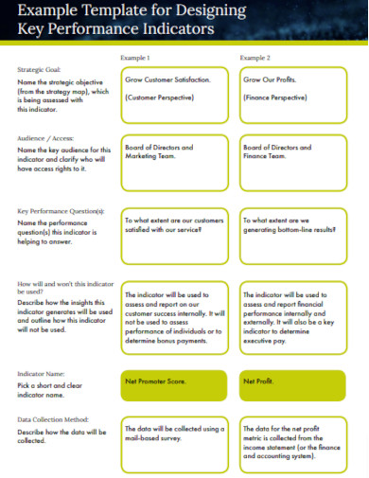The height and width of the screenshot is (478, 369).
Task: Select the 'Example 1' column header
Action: (x=135, y=58)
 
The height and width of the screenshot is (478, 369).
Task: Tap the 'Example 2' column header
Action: (x=255, y=58)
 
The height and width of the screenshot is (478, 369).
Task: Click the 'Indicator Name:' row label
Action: (x=41, y=375)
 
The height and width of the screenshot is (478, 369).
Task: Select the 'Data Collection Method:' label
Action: (x=52, y=418)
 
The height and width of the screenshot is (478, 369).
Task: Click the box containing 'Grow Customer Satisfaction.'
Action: (x=174, y=96)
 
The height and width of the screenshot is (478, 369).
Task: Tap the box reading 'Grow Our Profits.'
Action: (x=292, y=96)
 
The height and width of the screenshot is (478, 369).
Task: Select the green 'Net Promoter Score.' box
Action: (x=174, y=385)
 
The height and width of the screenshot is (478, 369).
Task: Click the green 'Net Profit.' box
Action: (x=292, y=385)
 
